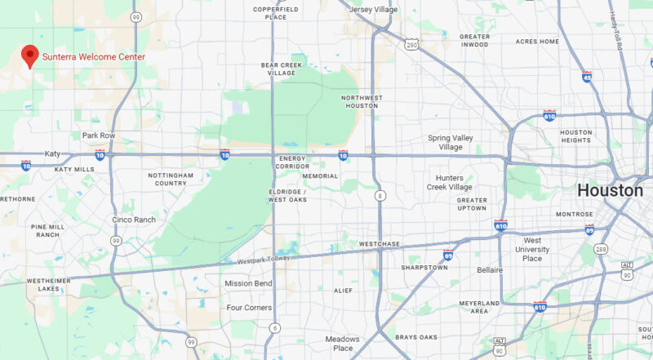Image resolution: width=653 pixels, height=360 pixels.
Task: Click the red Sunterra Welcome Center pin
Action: click(x=30, y=56)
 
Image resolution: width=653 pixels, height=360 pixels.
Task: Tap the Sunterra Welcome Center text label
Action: click(x=94, y=57)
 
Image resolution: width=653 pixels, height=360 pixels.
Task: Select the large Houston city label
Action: click(x=611, y=190)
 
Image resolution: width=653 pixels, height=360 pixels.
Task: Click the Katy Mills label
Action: click(x=75, y=169)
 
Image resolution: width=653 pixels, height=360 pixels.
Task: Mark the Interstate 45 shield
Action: click(x=587, y=76)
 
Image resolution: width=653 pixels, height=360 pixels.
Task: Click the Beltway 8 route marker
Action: click(x=380, y=195)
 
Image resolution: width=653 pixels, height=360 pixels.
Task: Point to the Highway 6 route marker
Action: click(x=274, y=327)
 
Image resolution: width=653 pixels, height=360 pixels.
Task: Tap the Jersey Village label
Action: click(x=373, y=10)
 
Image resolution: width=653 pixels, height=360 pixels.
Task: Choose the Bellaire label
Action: click(x=513, y=269)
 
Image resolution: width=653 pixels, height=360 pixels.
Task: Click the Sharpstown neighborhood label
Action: click(x=424, y=267)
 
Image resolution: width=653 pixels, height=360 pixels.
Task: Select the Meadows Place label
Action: click(x=343, y=344)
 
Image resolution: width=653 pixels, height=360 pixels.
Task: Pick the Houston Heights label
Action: click(x=575, y=136)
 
